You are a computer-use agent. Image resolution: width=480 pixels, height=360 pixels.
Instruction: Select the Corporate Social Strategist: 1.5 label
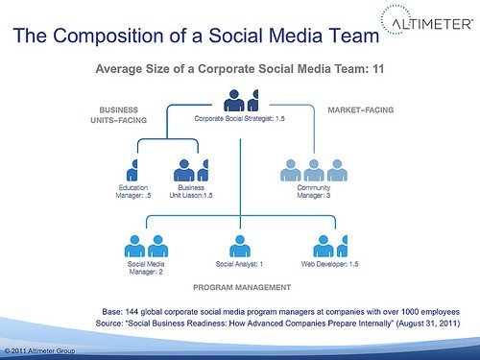point(240,120)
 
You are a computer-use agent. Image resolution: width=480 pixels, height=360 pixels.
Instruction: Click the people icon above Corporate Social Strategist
point(241,99)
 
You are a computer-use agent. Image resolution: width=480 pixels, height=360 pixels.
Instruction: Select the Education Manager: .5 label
point(133,191)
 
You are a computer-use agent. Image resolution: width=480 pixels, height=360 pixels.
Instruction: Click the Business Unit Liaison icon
point(191,171)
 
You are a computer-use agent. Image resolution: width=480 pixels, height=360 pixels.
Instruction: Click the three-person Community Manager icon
point(313,171)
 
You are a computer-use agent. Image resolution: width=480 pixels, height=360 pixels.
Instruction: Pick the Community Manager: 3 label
point(314,191)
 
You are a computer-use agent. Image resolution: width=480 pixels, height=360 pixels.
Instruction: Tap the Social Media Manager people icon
point(143,245)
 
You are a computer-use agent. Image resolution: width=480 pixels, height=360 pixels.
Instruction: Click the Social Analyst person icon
point(239,245)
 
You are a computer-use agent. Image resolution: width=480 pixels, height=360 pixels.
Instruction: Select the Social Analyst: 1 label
point(239,262)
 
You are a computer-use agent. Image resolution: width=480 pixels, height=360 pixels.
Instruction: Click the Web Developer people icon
point(329,245)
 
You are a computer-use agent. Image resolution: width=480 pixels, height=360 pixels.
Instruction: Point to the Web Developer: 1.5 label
point(329,262)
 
